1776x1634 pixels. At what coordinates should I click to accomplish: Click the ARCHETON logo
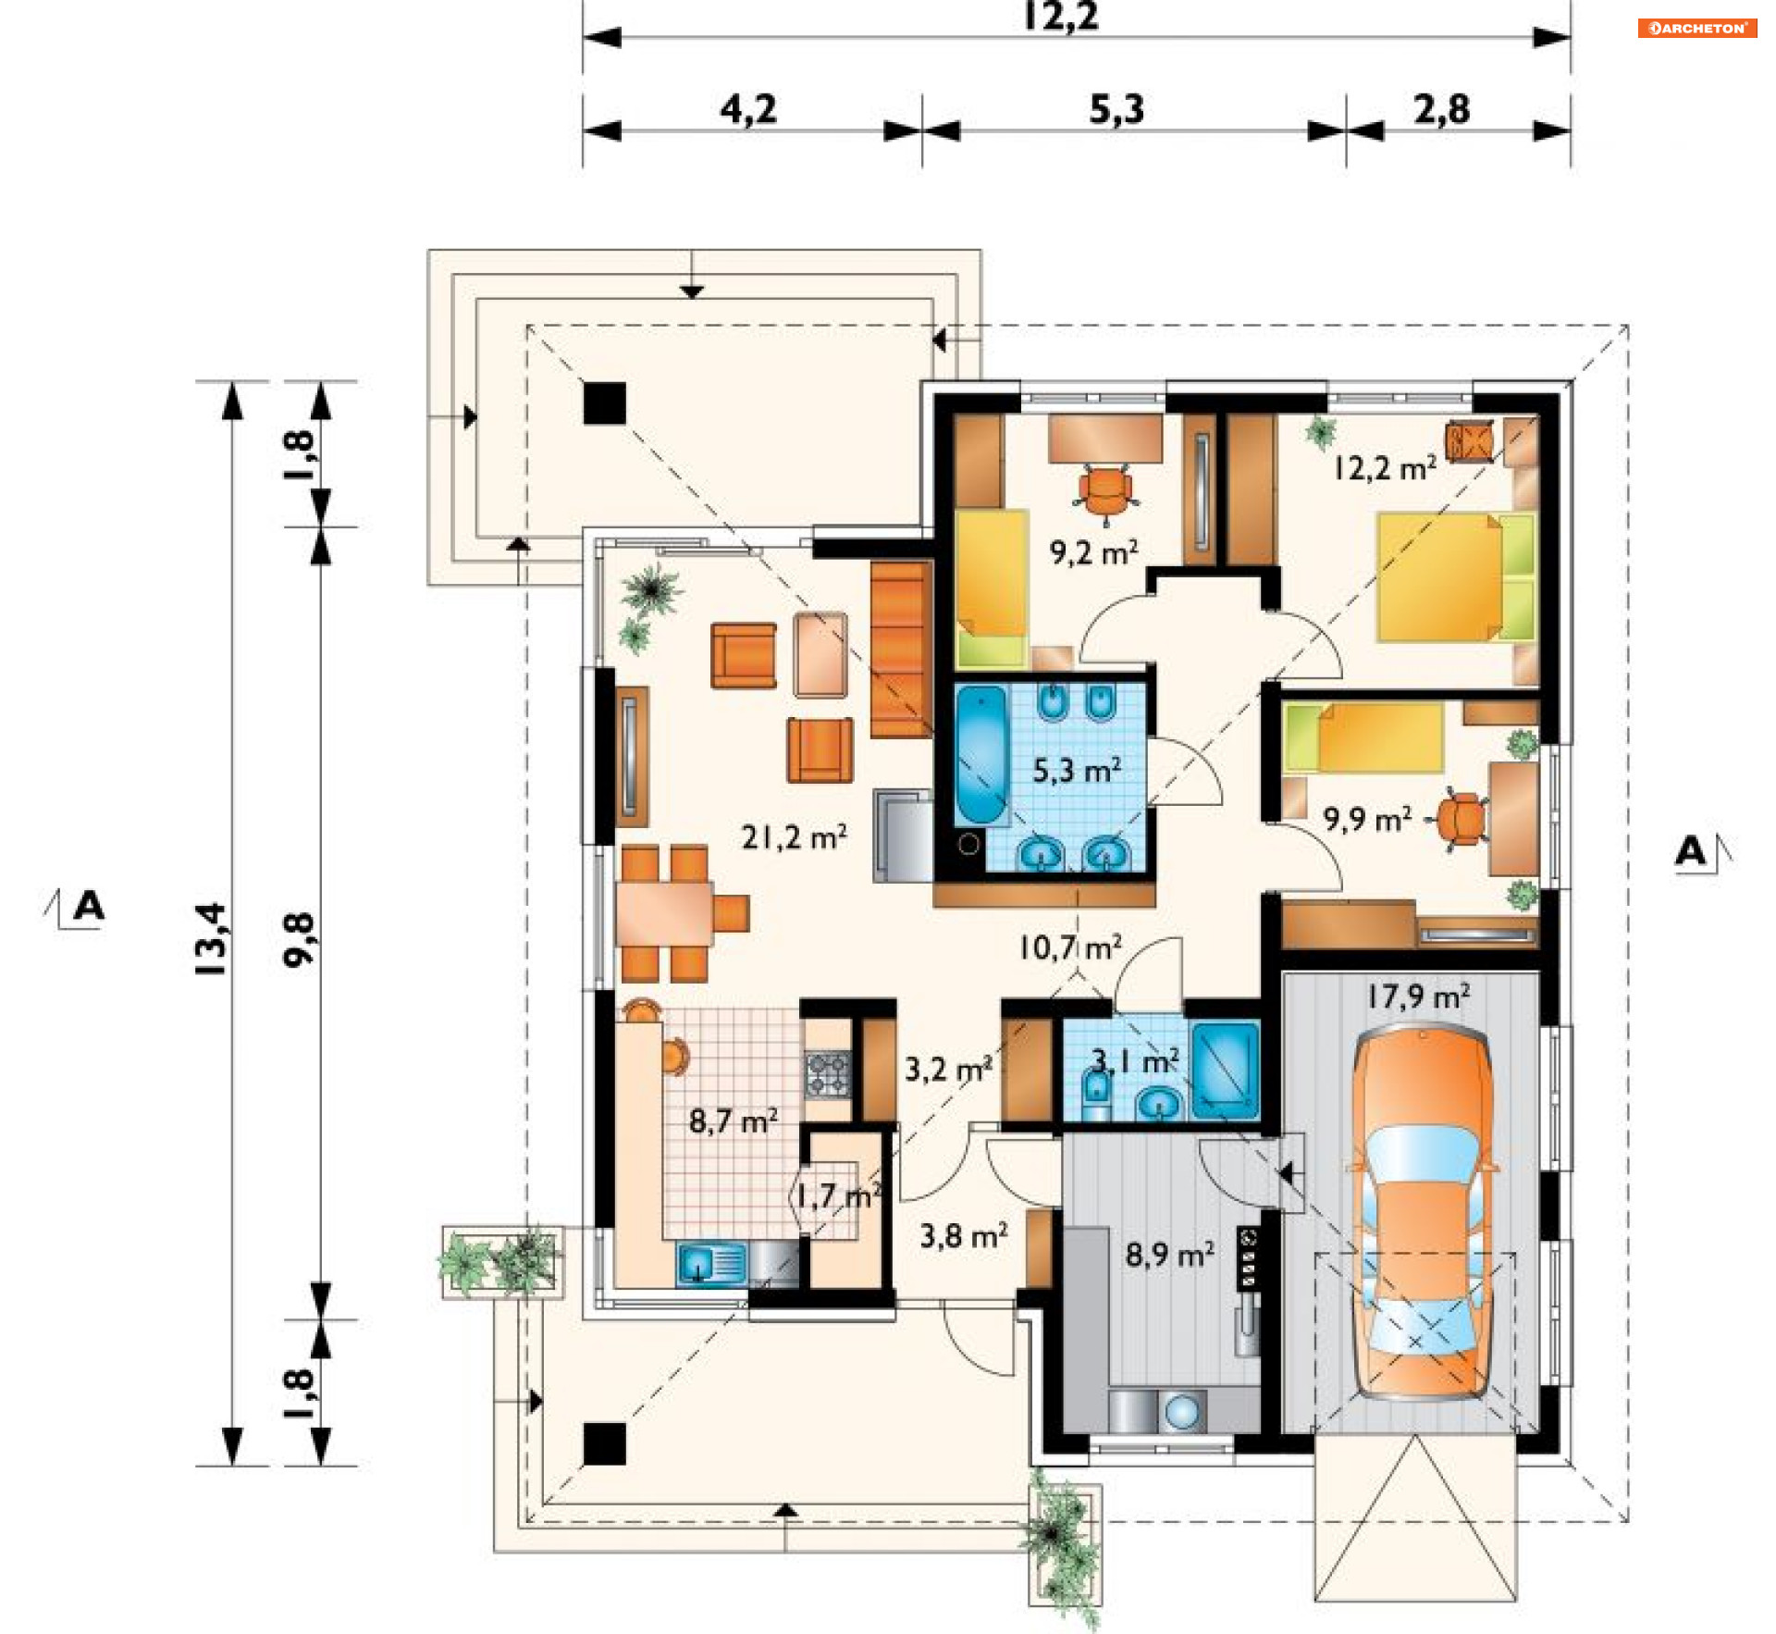point(1696,28)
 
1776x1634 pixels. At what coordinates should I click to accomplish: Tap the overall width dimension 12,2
point(1061,17)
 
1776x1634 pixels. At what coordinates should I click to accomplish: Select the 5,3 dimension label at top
point(1116,109)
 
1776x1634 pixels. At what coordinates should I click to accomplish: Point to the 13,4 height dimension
point(211,938)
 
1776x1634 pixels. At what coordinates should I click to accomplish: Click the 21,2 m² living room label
point(794,837)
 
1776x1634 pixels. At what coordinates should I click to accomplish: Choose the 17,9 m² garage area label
point(1418,996)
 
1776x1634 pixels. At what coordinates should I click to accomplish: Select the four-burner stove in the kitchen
point(828,1074)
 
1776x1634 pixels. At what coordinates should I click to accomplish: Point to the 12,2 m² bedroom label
point(1385,467)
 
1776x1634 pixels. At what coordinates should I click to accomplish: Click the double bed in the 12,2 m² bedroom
point(1455,577)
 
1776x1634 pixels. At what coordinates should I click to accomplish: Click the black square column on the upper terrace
point(605,403)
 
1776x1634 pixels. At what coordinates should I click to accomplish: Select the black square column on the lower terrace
point(605,1444)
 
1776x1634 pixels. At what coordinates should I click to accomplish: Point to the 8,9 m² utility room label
point(1170,1254)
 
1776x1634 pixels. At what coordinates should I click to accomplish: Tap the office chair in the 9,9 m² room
point(1461,820)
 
